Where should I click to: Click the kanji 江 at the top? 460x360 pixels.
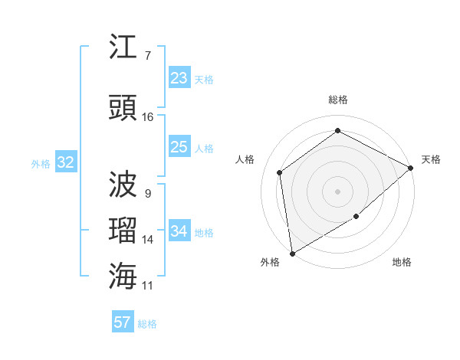(123, 48)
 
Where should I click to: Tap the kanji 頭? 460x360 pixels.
(123, 108)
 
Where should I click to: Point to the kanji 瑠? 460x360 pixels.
(123, 230)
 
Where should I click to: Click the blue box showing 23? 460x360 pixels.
(179, 78)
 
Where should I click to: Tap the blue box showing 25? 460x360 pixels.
(179, 147)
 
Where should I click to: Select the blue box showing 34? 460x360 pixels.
(179, 231)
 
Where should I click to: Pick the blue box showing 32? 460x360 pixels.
(65, 162)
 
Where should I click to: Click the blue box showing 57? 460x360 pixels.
(123, 322)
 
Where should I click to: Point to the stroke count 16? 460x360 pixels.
(148, 117)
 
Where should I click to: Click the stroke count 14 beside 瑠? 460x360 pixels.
(148, 240)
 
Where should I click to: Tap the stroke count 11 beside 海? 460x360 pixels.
(148, 286)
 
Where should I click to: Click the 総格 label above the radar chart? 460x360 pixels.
(338, 100)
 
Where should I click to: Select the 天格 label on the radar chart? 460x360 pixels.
(431, 159)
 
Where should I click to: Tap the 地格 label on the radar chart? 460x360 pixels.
(402, 262)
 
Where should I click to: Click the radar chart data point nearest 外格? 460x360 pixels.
(292, 254)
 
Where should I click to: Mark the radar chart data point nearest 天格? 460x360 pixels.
(411, 167)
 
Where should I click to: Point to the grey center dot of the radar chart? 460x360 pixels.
(338, 191)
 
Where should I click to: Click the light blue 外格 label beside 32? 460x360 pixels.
(41, 163)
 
